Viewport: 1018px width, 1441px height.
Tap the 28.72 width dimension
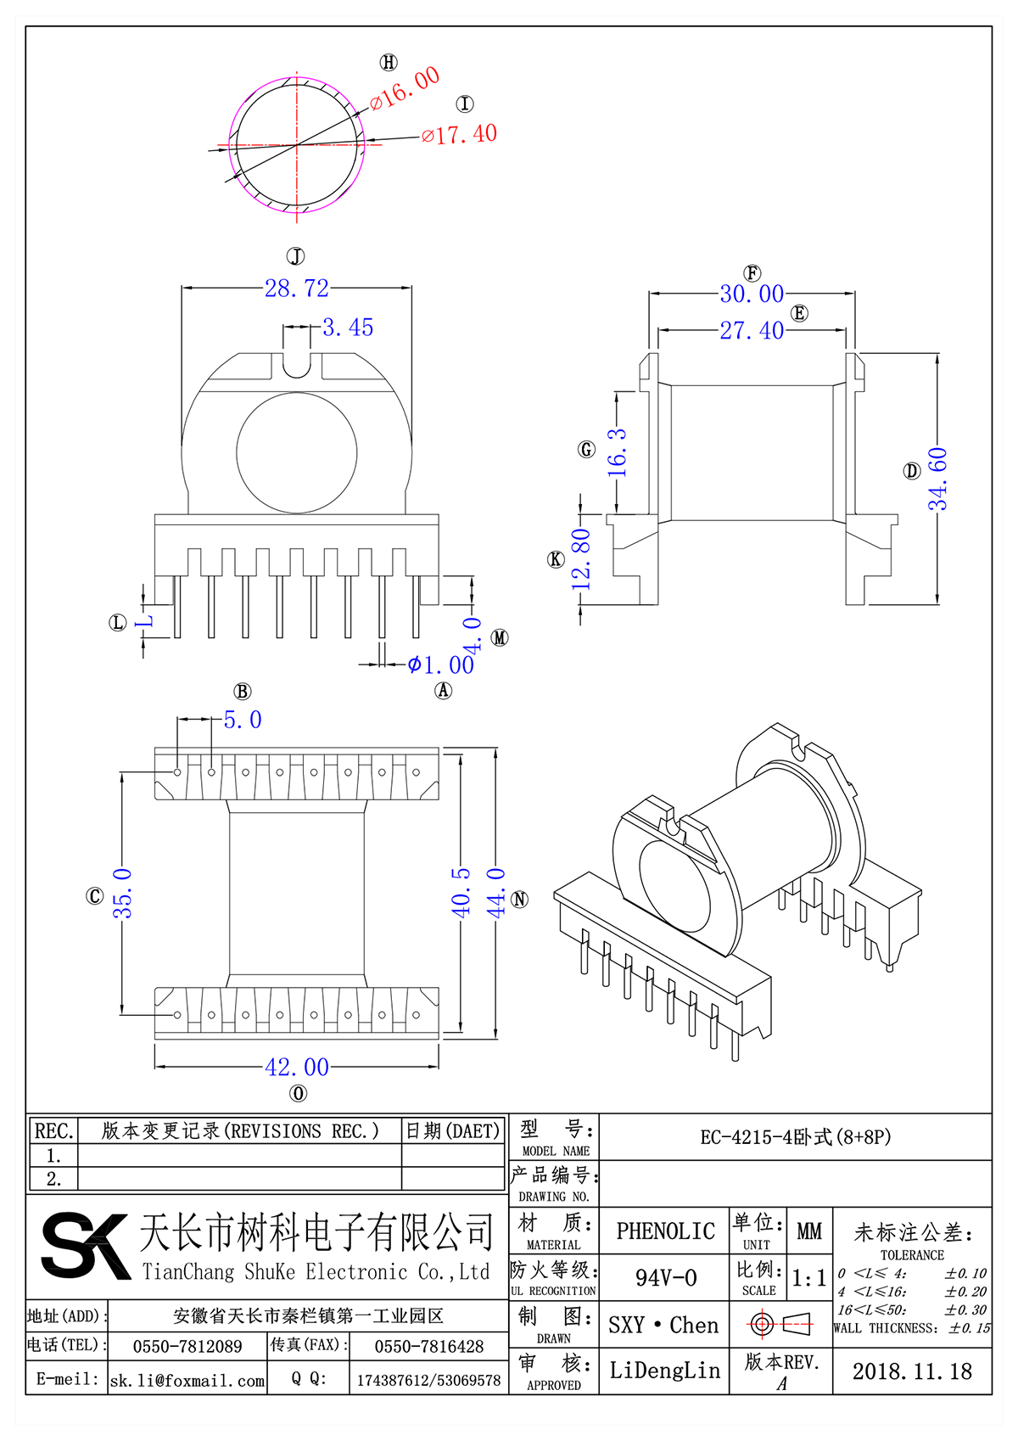coord(296,289)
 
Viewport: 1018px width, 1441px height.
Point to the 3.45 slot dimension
coord(348,328)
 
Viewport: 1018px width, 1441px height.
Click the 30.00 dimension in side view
coord(752,294)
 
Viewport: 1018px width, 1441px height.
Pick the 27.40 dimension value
coord(752,330)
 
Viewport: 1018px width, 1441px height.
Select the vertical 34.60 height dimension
coord(937,479)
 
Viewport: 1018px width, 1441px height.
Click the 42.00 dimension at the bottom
coord(296,1067)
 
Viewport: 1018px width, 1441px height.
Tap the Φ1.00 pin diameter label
coord(441,665)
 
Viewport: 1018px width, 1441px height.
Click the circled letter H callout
coord(389,62)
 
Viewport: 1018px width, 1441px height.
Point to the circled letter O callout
coord(298,1094)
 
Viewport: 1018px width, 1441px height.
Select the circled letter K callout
coord(556,559)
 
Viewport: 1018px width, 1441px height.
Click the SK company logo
coord(85,1245)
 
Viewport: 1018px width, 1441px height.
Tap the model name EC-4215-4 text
coord(795,1137)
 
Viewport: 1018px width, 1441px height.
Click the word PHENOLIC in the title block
coord(665,1231)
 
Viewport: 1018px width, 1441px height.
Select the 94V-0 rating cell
coord(665,1277)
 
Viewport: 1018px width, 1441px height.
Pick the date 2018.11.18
coord(912,1371)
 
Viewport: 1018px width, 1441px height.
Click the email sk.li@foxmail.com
coord(187,1381)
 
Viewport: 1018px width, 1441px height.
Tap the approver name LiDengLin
coord(665,1371)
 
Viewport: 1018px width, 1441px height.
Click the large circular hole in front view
coord(296,452)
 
